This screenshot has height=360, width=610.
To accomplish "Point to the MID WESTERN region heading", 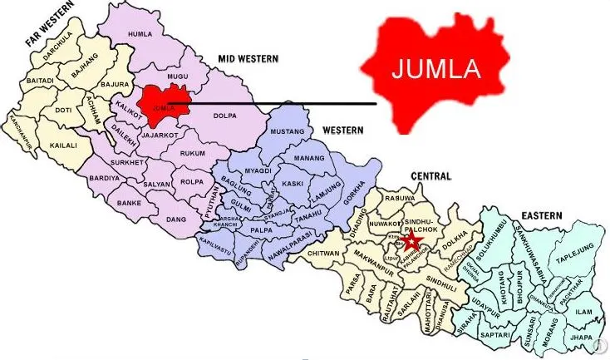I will point(248,58).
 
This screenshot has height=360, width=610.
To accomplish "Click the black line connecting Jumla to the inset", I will point(283,104).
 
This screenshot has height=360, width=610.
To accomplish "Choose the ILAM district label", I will point(583,312).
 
